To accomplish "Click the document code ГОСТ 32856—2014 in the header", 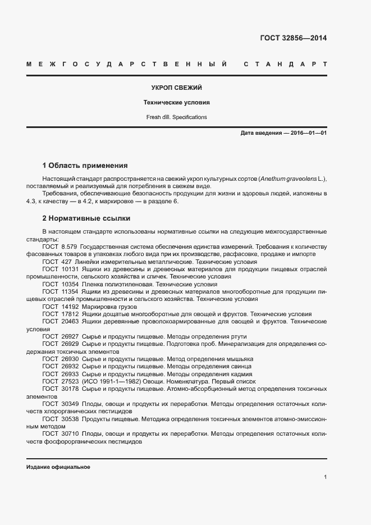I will (x=294, y=39).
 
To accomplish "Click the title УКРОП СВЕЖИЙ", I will (x=177, y=88).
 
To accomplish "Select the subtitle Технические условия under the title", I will (x=176, y=103).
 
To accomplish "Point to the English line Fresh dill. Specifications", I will (x=176, y=117).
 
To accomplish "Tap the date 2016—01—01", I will (x=308, y=133).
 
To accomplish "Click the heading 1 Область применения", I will (x=85, y=166).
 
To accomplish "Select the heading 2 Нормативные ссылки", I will (x=86, y=218).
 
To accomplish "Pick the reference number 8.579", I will (x=68, y=246).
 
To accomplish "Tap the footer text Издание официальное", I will (x=58, y=467).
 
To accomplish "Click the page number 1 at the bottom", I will (x=326, y=477).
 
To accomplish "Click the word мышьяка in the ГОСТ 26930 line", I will (x=239, y=358).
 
